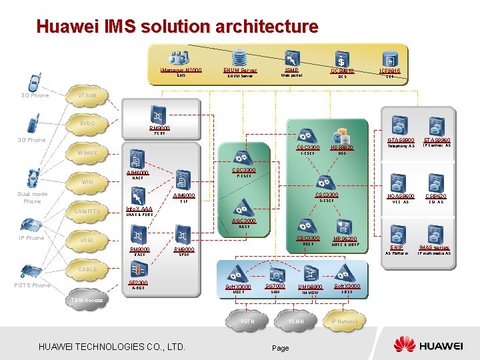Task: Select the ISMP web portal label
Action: point(291,69)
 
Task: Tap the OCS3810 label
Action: point(343,71)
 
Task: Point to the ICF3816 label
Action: point(390,70)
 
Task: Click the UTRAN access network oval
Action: point(87,96)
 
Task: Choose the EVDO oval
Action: point(87,124)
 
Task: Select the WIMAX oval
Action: point(87,153)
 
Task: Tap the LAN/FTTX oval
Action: point(87,212)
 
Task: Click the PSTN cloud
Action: point(247,322)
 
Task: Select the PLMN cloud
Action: point(297,322)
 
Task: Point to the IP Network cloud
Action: point(345,321)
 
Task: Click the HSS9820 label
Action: point(341,147)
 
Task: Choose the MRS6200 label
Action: point(345,239)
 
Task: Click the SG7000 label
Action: point(275,286)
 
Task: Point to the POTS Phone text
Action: point(32,285)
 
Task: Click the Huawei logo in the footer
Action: point(427,345)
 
